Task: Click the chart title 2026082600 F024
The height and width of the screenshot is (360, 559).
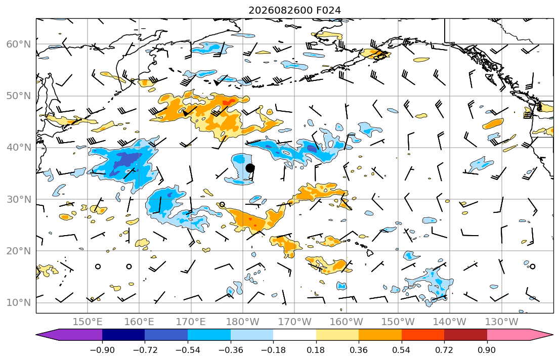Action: (294, 10)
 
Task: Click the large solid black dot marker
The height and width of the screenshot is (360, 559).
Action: (250, 168)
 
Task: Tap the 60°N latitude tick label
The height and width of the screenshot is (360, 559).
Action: (19, 44)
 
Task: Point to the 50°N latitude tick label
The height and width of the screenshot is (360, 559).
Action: (19, 96)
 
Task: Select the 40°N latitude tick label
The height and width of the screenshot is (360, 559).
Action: (19, 148)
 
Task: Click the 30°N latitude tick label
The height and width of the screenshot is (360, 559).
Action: (19, 199)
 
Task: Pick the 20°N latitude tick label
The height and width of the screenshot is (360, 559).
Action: (19, 251)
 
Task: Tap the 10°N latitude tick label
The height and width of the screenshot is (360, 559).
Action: (19, 303)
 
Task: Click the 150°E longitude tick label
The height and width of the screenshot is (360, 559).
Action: (88, 322)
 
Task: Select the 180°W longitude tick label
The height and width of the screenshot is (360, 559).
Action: (243, 322)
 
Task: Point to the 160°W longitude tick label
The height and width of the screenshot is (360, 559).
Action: (346, 322)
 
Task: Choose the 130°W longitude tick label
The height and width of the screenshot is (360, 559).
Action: (502, 322)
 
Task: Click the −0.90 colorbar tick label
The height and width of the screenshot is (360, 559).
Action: (102, 350)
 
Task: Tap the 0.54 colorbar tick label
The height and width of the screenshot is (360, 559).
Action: (402, 350)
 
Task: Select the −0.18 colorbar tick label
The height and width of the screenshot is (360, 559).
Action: (273, 350)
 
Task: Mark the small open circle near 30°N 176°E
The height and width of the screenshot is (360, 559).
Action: (222, 205)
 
